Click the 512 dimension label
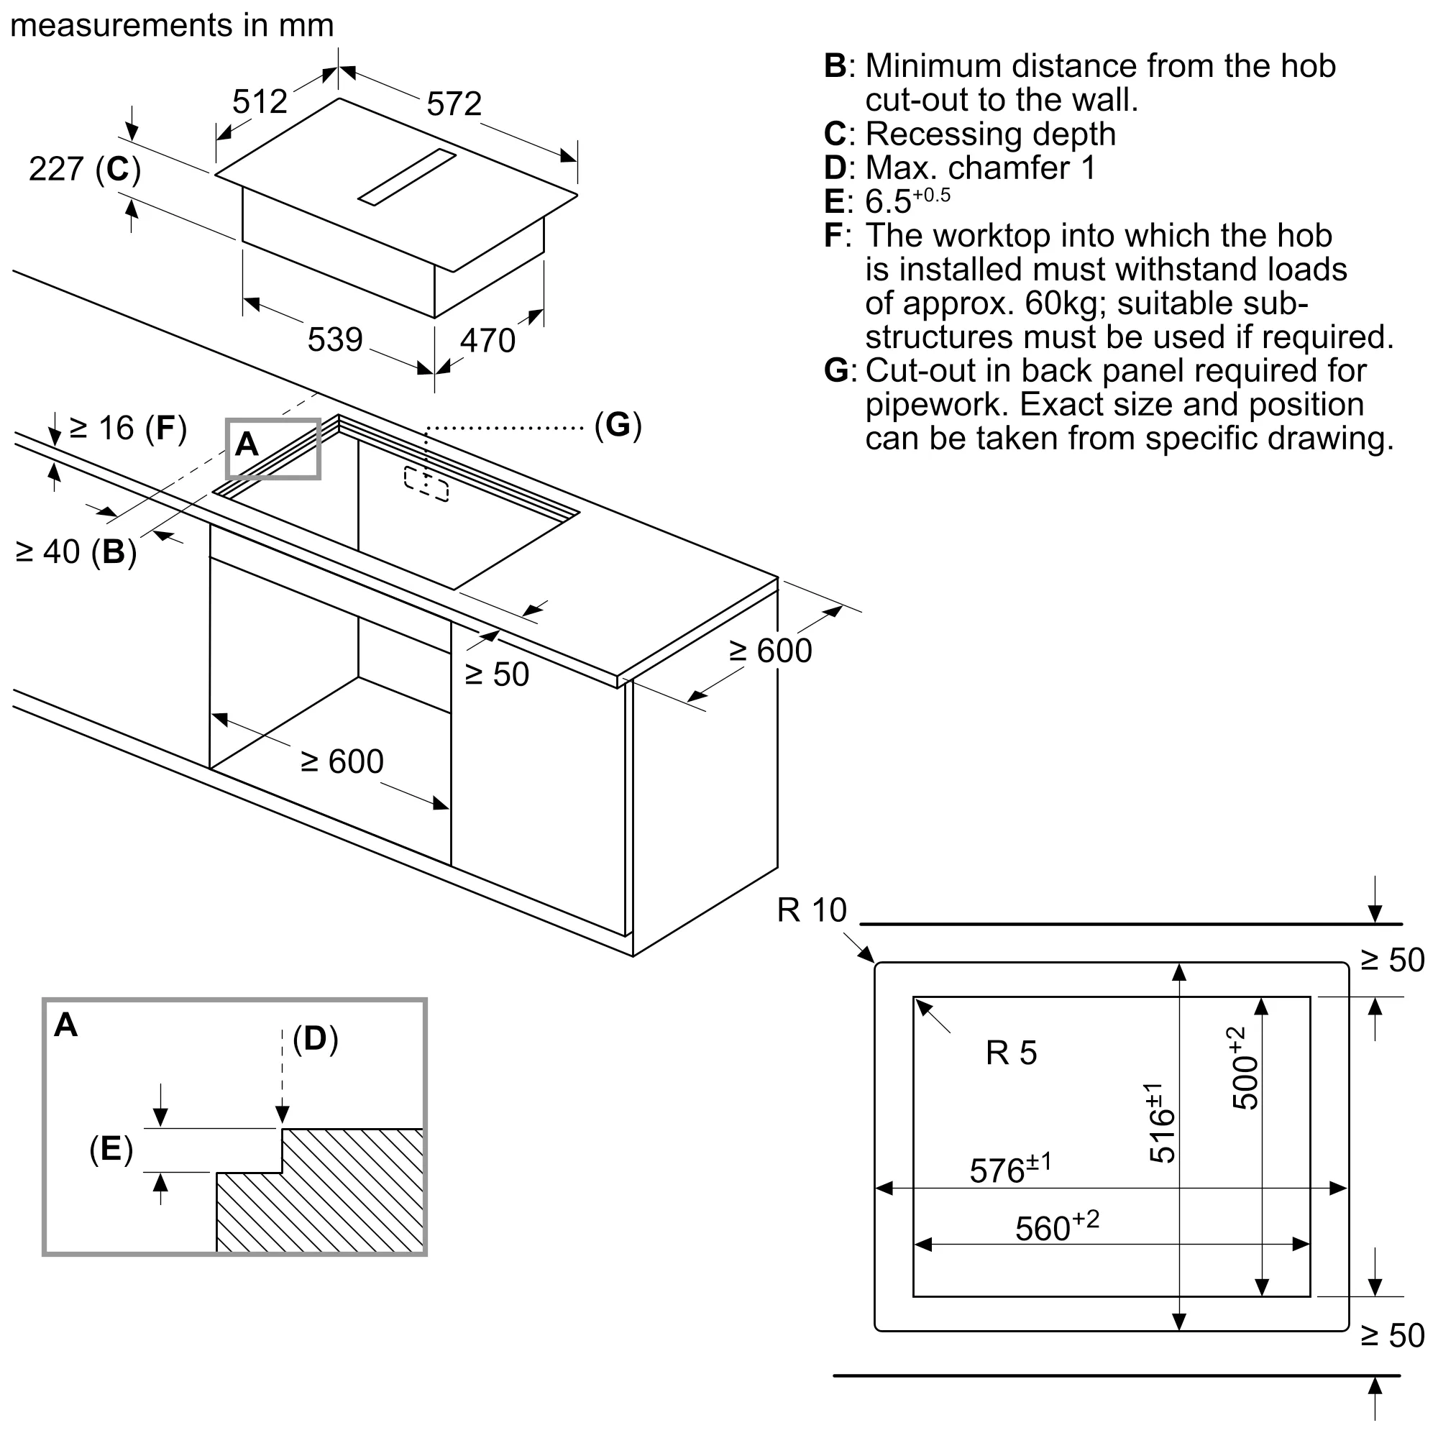[x=259, y=101]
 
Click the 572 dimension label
[x=453, y=104]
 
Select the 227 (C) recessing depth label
[x=84, y=169]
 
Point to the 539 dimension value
[x=334, y=340]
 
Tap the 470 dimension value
[x=487, y=341]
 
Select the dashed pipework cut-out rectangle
[x=426, y=484]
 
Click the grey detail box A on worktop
[x=273, y=449]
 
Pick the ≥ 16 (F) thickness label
[x=127, y=428]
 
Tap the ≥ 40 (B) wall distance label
[x=76, y=552]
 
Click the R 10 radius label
[x=811, y=910]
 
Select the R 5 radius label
[x=1010, y=1053]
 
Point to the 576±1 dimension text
[x=1009, y=1169]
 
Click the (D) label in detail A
[x=315, y=1038]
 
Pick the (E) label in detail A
[x=111, y=1148]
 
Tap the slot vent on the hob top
[x=406, y=176]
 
